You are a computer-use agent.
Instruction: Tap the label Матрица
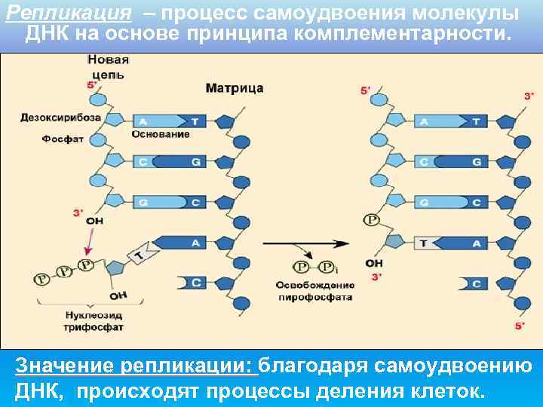[235, 88]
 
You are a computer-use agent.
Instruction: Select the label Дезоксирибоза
[60, 118]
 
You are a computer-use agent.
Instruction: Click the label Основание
[161, 134]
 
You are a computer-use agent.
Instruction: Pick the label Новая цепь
[108, 67]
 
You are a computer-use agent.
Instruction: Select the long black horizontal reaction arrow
[306, 243]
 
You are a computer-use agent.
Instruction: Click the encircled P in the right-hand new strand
[371, 221]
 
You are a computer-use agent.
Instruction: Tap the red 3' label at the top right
[529, 96]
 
